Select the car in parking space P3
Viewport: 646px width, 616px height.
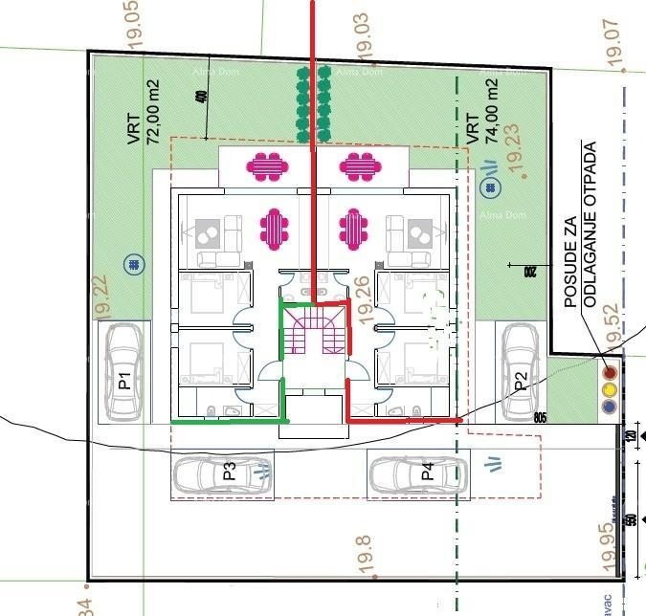pos(220,473)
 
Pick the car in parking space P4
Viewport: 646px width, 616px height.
pos(418,473)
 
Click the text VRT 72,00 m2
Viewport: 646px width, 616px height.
pos(144,112)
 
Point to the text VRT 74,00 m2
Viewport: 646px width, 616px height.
pos(481,112)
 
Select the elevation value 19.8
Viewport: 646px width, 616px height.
pos(364,555)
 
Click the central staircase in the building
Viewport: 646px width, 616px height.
pos(314,336)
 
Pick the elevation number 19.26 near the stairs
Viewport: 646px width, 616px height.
pos(363,297)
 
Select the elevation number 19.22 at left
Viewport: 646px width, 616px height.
pos(103,297)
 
